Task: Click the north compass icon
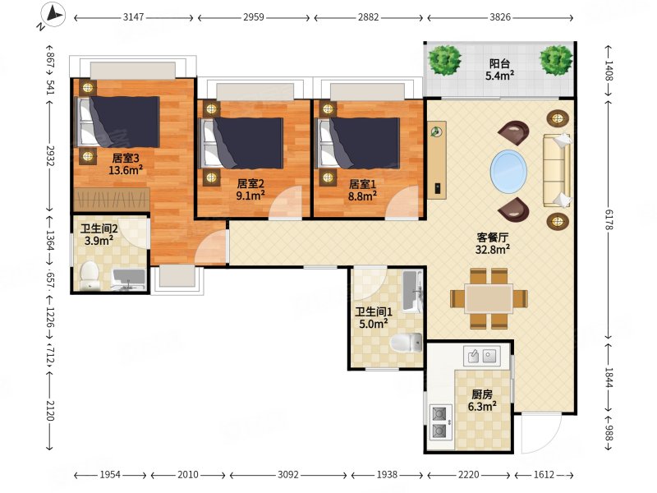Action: coord(53,16)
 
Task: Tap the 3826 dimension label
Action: coord(500,17)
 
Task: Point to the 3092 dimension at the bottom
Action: coord(288,475)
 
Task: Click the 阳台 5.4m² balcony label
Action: coord(500,70)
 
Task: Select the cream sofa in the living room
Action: coord(558,170)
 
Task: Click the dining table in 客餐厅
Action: coord(489,298)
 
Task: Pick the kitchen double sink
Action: coord(482,357)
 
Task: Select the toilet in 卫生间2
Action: coord(90,276)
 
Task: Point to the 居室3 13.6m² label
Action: coord(126,164)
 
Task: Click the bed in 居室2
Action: coord(241,143)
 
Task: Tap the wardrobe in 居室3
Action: coord(112,200)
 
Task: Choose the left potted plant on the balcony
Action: coord(444,60)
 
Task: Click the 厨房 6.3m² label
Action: coord(482,401)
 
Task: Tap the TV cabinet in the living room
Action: coord(437,160)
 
